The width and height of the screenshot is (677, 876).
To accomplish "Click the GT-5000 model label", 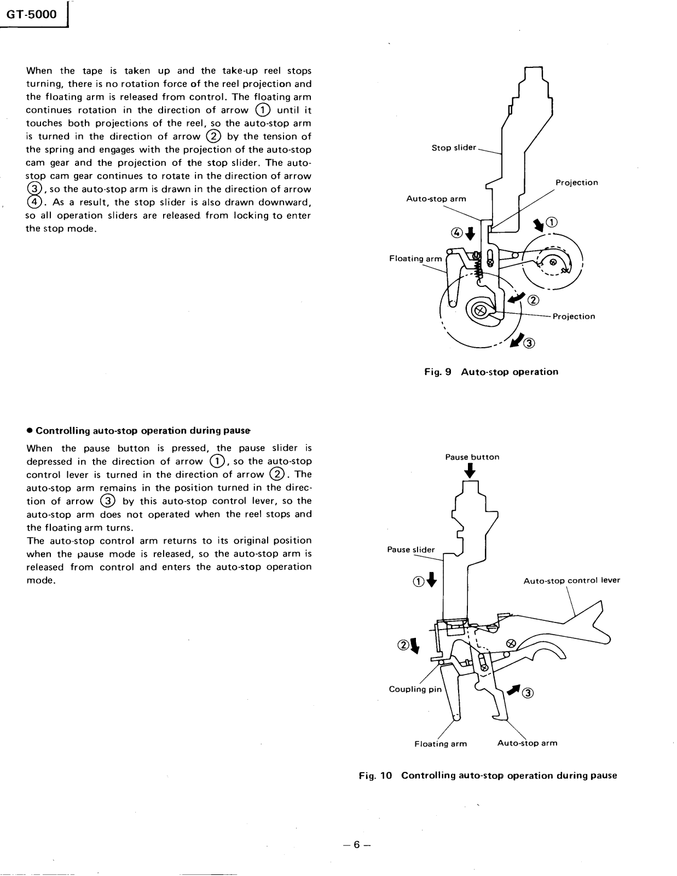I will pyautogui.click(x=32, y=15).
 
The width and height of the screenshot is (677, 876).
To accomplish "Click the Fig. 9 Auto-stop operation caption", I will pyautogui.click(x=491, y=372).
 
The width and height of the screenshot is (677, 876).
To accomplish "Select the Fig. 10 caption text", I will pyautogui.click(x=488, y=775).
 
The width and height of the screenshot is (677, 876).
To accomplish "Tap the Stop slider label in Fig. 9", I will pyautogui.click(x=454, y=148).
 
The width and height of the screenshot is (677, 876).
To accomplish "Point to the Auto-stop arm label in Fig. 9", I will pyautogui.click(x=436, y=199).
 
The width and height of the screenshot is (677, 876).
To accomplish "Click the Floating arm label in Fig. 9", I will pyautogui.click(x=415, y=258).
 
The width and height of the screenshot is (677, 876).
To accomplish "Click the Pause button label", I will pyautogui.click(x=472, y=457).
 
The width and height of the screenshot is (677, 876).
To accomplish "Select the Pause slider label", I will pyautogui.click(x=410, y=550).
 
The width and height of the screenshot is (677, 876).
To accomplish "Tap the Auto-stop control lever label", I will pyautogui.click(x=571, y=580).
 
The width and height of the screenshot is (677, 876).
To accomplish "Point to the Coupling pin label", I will pyautogui.click(x=415, y=689).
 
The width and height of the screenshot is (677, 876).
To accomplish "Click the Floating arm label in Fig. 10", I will pyautogui.click(x=441, y=744).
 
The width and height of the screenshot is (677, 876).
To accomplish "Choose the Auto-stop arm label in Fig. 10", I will pyautogui.click(x=527, y=743).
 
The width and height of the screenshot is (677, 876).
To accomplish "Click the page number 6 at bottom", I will pyautogui.click(x=356, y=844).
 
